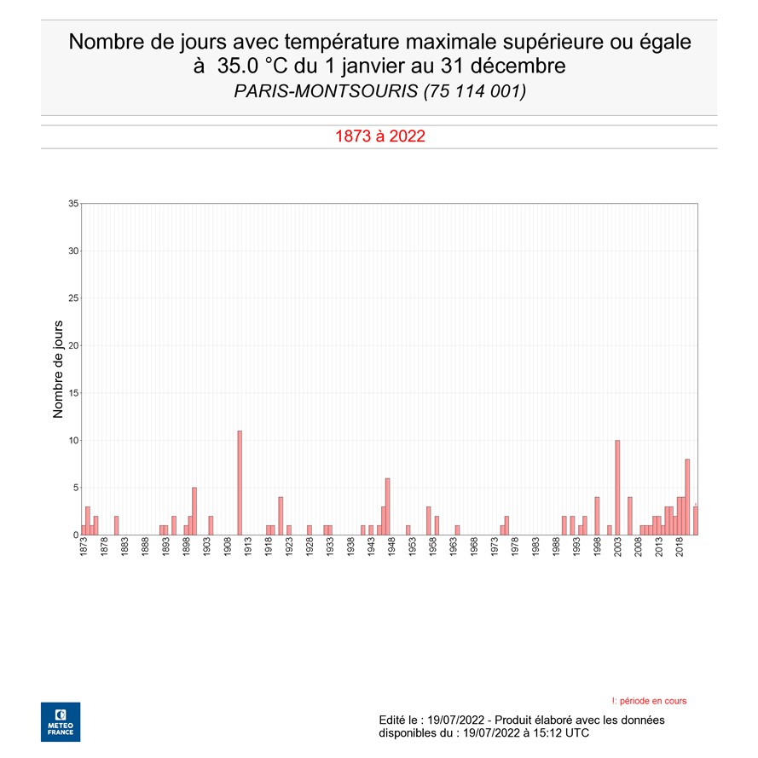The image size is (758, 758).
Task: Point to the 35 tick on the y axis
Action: pyautogui.click(x=72, y=204)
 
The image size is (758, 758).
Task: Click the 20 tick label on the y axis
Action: pyautogui.click(x=72, y=345)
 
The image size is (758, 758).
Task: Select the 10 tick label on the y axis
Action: pyautogui.click(x=72, y=440)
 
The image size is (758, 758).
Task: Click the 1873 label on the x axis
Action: pyautogui.click(x=84, y=548)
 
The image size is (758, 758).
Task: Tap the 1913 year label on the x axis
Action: pyautogui.click(x=248, y=548)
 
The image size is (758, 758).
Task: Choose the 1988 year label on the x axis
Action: pyautogui.click(x=557, y=548)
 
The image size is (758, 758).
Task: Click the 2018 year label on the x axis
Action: pyautogui.click(x=680, y=548)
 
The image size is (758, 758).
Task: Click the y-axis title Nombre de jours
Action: pyautogui.click(x=59, y=369)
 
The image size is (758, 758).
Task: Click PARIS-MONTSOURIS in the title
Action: pyautogui.click(x=326, y=90)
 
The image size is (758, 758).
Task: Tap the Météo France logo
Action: pyautogui.click(x=61, y=721)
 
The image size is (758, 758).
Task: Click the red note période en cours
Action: pyautogui.click(x=652, y=701)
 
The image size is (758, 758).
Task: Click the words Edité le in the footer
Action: pyautogui.click(x=399, y=720)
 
